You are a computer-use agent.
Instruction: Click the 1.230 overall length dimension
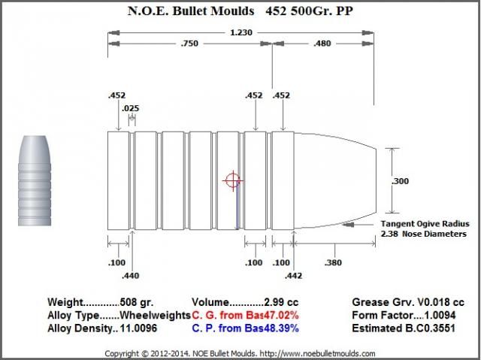click(x=241, y=32)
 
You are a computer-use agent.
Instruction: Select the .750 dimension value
click(x=189, y=44)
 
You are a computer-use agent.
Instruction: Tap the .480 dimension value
click(x=322, y=44)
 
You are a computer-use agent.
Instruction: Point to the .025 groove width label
click(x=130, y=108)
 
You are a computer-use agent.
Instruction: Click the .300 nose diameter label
click(x=400, y=181)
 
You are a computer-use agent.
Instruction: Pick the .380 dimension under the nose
click(x=333, y=262)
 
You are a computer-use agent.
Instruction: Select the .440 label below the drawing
click(x=130, y=276)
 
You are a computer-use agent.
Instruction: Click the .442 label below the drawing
click(x=293, y=276)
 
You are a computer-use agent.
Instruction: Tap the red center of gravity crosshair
click(x=233, y=180)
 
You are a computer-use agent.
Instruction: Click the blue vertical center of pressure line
click(x=237, y=207)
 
